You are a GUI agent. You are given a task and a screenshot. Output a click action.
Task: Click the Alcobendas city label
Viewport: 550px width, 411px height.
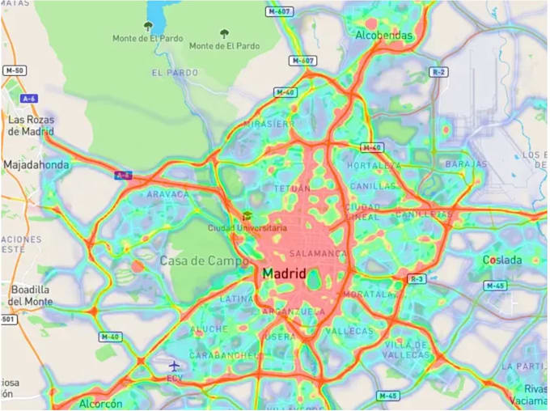[x=383, y=36]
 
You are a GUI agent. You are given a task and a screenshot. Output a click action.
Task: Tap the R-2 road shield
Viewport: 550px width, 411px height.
[x=438, y=72]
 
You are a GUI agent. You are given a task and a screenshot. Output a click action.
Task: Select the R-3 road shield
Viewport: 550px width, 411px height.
[x=417, y=279]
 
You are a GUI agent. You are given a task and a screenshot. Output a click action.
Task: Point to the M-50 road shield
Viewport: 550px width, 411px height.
[x=15, y=70]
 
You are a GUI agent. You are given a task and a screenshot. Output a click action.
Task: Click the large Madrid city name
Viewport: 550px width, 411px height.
[x=284, y=274]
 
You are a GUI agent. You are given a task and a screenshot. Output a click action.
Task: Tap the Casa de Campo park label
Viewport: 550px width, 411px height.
[x=193, y=261]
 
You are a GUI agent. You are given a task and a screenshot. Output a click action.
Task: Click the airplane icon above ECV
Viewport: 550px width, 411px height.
[x=174, y=366]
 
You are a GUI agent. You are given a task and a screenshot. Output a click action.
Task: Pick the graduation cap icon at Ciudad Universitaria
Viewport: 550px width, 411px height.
[x=247, y=216]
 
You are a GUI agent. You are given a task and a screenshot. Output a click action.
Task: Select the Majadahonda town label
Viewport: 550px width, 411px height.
[x=36, y=164]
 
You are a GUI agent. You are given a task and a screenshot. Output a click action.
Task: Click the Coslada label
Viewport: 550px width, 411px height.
[x=502, y=260]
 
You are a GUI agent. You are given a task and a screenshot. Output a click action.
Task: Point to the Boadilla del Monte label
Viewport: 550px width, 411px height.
[x=30, y=295]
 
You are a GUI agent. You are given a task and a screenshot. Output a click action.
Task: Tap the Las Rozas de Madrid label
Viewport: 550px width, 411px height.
[x=31, y=125]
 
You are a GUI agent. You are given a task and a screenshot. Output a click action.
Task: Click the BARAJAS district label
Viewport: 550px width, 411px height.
[x=466, y=164]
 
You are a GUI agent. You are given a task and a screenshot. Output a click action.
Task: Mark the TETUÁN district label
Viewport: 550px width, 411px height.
[x=291, y=188]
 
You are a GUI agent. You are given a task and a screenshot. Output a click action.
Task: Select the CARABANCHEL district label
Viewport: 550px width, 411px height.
[x=219, y=355]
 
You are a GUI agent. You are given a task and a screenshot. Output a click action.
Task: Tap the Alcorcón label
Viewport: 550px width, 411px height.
[x=101, y=403]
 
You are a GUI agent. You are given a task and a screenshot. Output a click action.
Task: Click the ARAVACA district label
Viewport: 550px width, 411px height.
[x=168, y=194]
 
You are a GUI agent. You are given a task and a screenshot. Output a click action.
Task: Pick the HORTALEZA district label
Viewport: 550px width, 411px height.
[x=373, y=165]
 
